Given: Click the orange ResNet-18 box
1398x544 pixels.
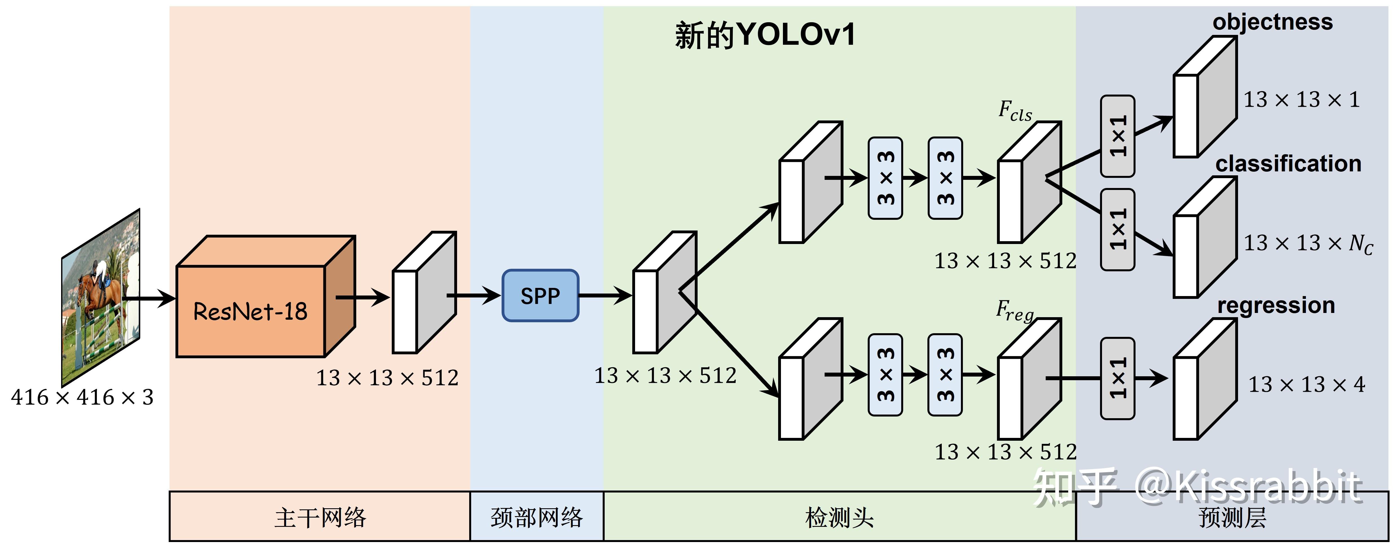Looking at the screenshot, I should pos(251,311).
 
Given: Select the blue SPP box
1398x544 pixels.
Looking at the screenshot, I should pos(540,295).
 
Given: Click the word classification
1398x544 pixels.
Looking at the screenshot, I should pos(1288,163).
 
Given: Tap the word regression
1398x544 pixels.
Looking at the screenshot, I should pos(1276,305).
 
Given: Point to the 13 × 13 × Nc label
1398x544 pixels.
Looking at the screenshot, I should pos(1308,243).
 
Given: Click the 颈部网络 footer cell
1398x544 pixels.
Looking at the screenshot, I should pos(536,517).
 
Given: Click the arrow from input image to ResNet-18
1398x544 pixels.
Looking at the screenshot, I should pos(149,298).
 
